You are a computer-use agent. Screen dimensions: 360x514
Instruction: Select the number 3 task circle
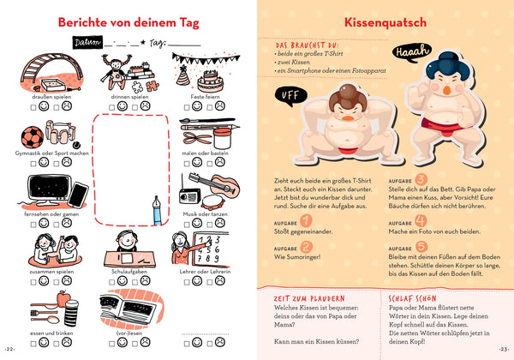(421, 179)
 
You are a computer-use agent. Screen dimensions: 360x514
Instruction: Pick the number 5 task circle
(421, 248)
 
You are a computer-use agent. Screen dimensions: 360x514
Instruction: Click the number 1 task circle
(307, 221)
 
